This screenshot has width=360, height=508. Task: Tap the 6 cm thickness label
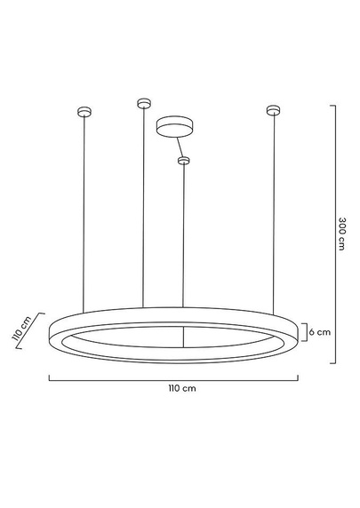tap(320, 332)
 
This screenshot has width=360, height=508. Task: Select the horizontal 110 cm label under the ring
tap(181, 389)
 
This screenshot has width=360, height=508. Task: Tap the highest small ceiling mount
tap(141, 104)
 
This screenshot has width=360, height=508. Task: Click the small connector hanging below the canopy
tap(184, 160)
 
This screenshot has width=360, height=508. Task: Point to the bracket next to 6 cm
tap(305, 332)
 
